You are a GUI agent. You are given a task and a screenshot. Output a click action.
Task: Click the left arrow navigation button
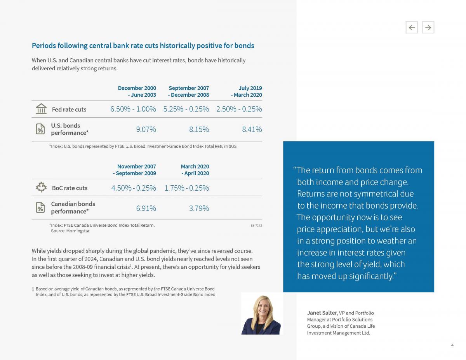412,27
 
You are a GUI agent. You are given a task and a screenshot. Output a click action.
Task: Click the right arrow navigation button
428,27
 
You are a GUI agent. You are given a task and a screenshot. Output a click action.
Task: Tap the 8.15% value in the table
199,129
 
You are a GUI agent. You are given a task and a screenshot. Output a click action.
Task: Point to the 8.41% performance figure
252,129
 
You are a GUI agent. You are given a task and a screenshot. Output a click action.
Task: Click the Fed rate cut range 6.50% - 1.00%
133,109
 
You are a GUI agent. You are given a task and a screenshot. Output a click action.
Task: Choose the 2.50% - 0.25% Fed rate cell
239,109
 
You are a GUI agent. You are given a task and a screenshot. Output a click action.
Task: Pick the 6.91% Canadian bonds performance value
146,208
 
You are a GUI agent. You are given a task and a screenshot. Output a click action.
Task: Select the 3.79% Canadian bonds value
199,208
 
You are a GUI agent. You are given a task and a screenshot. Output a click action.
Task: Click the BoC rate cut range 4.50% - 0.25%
134,188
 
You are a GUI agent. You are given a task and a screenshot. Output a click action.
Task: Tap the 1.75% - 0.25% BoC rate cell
186,188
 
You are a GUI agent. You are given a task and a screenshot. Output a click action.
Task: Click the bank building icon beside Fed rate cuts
41,109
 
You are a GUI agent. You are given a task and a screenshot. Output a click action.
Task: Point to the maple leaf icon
41,188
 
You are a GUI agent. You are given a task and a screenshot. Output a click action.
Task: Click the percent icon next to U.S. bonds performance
40,129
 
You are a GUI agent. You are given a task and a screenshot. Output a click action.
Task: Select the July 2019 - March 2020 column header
246,92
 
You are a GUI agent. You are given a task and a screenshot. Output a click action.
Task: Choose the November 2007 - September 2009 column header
134,170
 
